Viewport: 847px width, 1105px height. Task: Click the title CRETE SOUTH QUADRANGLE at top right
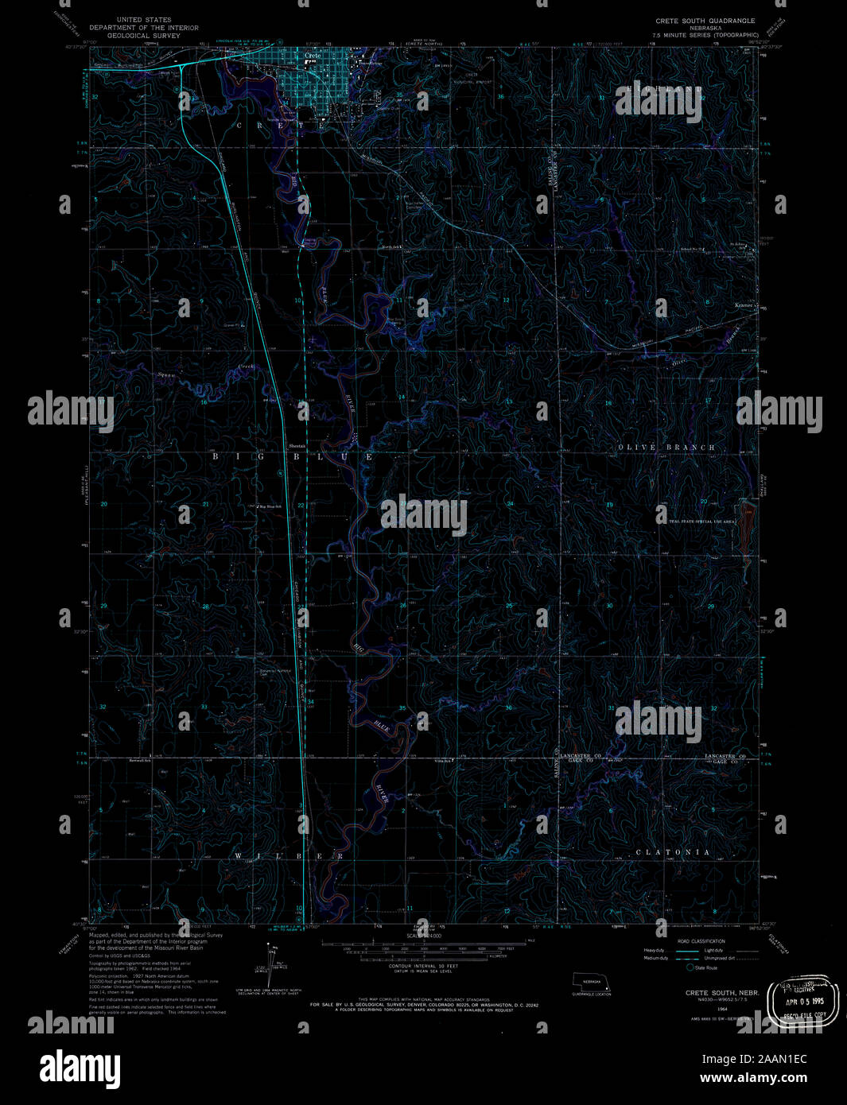point(705,21)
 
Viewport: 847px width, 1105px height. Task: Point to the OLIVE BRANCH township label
point(666,448)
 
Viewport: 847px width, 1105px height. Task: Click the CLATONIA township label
point(673,852)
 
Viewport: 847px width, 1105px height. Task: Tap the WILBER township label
point(289,856)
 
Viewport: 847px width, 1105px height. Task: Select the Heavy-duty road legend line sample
point(688,951)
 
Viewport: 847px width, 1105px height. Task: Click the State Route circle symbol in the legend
point(690,967)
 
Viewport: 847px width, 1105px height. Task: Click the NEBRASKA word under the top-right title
point(705,28)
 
